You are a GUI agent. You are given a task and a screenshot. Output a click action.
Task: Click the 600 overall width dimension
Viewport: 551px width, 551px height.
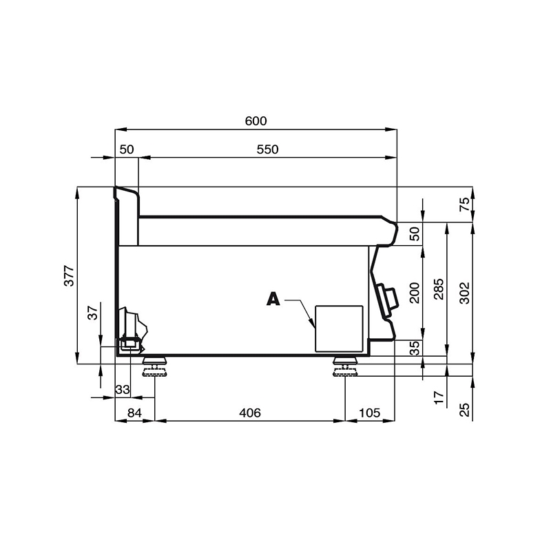coord(256,121)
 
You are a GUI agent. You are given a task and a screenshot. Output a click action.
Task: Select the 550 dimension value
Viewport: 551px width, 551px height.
coord(267,149)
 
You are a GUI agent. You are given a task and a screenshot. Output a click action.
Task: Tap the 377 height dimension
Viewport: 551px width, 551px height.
coord(70,276)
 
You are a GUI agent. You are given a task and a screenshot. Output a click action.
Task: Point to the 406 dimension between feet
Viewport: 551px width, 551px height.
coord(250,413)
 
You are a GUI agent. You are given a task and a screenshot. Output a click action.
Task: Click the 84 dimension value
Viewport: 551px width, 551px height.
coord(134,413)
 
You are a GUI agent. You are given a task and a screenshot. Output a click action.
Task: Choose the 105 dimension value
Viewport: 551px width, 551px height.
coord(369,413)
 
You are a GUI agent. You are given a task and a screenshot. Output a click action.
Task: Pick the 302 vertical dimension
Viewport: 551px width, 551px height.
coord(464,293)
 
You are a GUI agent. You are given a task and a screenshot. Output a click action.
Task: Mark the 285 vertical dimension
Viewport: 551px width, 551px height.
coord(439,289)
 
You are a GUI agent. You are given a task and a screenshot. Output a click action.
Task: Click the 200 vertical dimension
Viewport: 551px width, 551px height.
coord(415,293)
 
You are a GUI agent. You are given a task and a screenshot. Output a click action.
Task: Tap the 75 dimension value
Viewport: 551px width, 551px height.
coord(464,204)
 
